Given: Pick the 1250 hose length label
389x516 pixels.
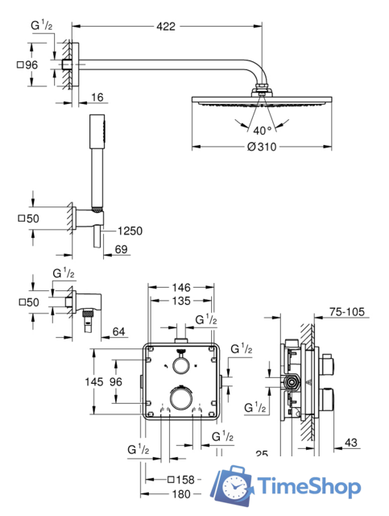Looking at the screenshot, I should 128,231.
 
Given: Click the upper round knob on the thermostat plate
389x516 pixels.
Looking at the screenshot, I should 180,365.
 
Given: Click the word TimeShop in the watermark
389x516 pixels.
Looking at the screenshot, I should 311,487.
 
